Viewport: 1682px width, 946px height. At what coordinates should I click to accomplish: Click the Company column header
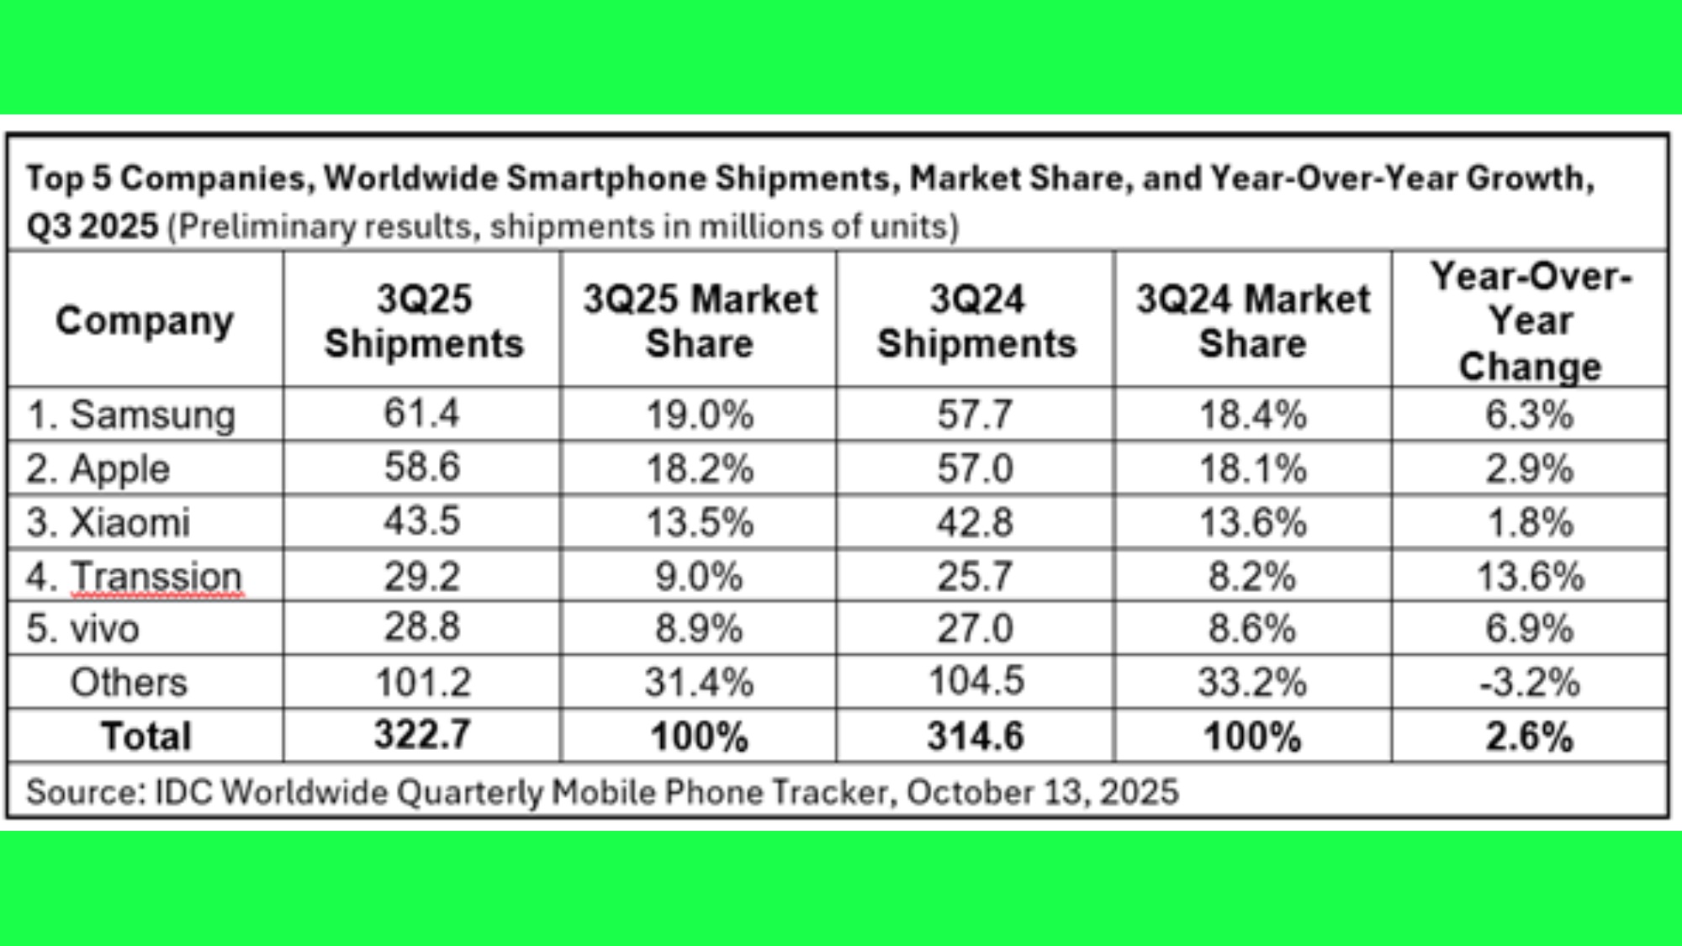click(145, 321)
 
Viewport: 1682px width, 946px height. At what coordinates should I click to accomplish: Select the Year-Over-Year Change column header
click(1530, 321)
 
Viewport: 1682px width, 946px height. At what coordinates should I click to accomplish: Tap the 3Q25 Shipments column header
click(423, 321)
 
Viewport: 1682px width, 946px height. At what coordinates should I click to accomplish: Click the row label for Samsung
click(131, 415)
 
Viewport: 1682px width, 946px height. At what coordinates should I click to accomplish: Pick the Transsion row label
click(135, 577)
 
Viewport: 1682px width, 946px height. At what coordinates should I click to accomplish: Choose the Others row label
click(128, 683)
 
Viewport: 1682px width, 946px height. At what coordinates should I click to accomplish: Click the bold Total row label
click(146, 737)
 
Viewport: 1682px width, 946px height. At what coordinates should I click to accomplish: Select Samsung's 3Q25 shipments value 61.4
click(421, 414)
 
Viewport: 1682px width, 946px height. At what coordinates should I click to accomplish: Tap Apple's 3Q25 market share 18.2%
click(699, 468)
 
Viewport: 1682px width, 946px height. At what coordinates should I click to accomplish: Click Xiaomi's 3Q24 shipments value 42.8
click(976, 522)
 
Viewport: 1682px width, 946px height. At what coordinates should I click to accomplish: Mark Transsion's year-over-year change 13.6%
click(1530, 577)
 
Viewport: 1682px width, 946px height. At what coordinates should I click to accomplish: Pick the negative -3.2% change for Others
click(1530, 683)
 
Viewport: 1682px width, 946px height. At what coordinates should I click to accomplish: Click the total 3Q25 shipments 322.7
click(422, 736)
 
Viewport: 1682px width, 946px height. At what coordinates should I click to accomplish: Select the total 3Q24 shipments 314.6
click(976, 737)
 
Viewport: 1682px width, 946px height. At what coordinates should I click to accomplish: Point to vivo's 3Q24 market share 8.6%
click(1252, 629)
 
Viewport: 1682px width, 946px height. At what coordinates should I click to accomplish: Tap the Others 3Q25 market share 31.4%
click(699, 683)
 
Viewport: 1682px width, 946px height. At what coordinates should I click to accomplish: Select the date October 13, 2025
click(1043, 792)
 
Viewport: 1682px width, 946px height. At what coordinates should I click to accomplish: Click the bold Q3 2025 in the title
click(93, 226)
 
